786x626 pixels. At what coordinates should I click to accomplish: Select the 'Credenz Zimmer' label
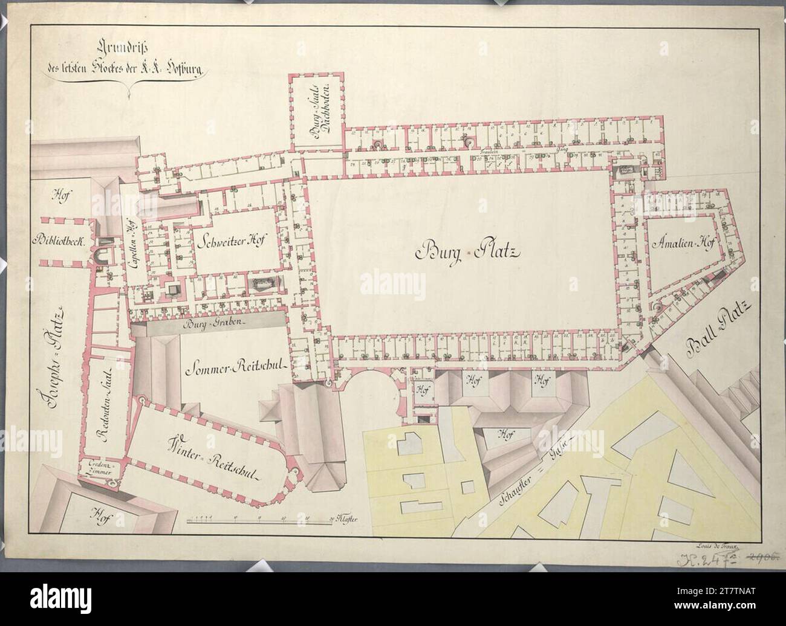click(x=99, y=467)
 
